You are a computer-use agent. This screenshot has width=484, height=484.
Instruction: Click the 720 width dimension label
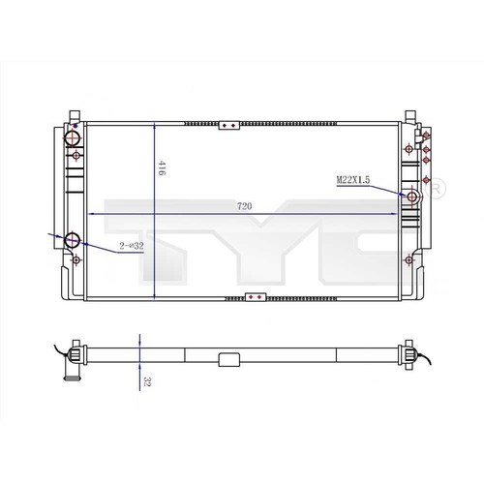point(244,206)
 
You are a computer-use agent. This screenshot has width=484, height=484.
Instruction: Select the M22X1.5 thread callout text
point(353,180)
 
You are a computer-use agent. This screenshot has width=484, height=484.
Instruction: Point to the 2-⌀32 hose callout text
point(132,246)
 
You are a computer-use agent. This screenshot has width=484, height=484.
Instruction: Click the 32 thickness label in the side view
point(147,381)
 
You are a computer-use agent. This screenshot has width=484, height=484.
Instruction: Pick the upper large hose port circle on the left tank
point(73,138)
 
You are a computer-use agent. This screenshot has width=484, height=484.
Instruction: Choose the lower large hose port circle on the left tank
point(72,240)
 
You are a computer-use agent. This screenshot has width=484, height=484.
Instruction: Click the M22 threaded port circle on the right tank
point(412,197)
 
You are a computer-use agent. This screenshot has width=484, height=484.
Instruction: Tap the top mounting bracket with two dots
point(229,125)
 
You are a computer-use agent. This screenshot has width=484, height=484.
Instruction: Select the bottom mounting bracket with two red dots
point(256,297)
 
